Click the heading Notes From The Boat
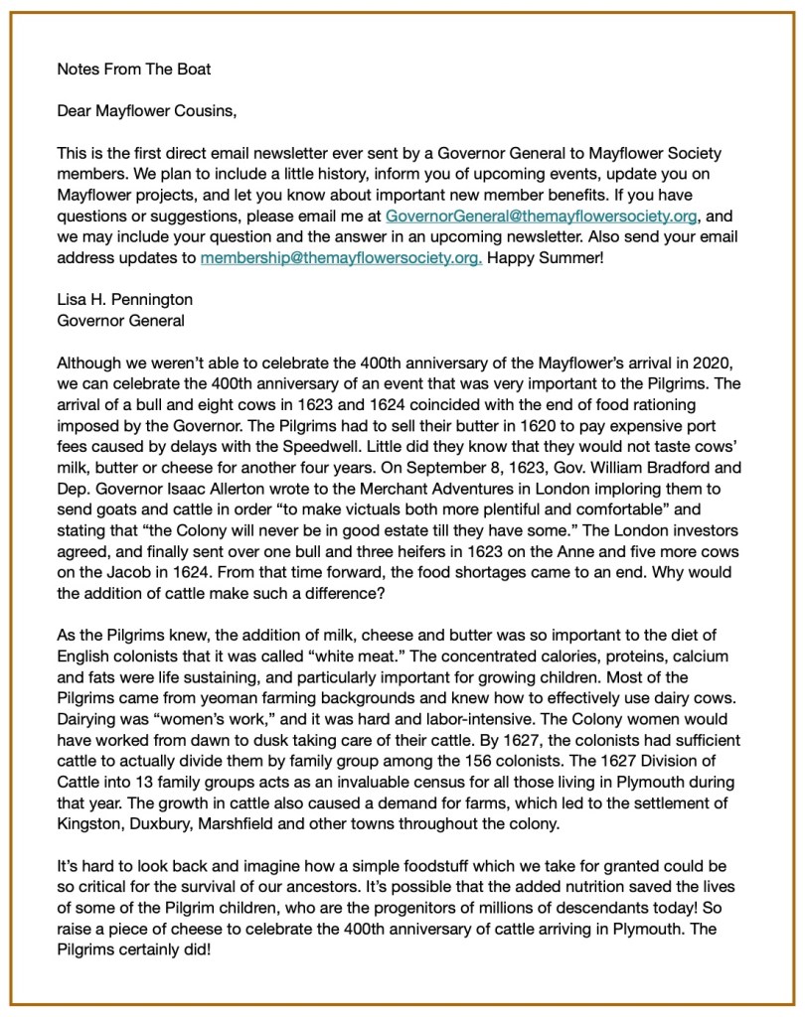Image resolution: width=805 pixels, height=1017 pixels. tap(134, 69)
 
